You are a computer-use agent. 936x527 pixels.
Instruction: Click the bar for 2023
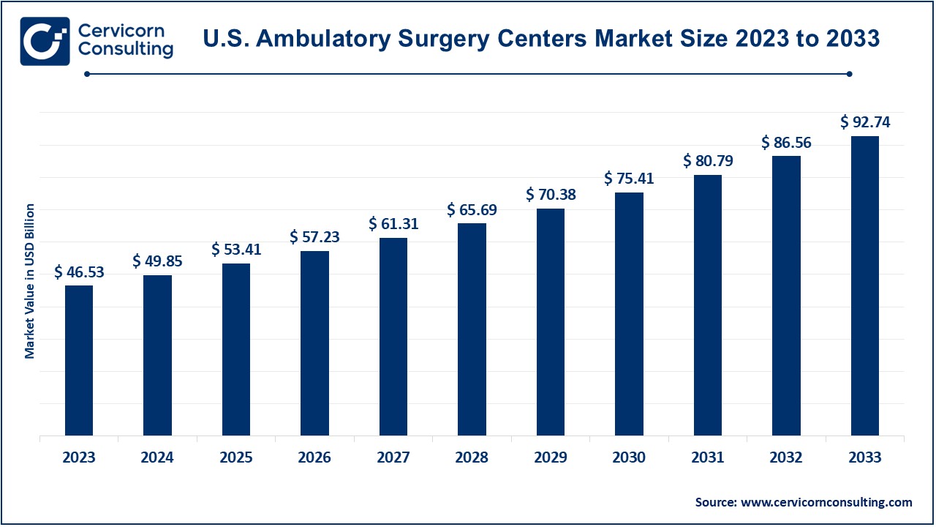coord(79,360)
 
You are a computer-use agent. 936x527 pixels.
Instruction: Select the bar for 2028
coord(472,329)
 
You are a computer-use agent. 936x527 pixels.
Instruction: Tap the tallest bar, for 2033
coord(865,285)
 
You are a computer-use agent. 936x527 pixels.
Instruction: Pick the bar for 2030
coord(629,314)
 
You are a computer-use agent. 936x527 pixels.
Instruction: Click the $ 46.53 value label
coord(79,272)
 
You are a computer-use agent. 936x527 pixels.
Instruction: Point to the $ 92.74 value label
coord(865,122)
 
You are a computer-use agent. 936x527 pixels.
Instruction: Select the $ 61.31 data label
coord(393,224)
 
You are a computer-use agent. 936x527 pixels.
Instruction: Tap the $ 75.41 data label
coord(629,179)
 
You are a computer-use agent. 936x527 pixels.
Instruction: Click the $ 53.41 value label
coord(236,250)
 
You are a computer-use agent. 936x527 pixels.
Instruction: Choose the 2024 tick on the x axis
coord(157,457)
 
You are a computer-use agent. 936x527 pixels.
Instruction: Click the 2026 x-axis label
coord(314,457)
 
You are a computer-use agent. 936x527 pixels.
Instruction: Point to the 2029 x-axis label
coord(551,457)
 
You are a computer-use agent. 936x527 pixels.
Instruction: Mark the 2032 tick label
coord(786,457)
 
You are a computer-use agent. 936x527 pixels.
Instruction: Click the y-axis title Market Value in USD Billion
coord(30,281)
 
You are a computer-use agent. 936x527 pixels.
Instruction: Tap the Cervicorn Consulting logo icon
coord(45,41)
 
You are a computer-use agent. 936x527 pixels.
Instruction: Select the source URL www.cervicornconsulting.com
coord(826,502)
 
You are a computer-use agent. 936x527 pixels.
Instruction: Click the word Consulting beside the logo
coord(125,50)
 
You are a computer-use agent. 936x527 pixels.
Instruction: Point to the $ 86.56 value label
coord(786,142)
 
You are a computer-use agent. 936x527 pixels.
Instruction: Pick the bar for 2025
coord(236,349)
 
